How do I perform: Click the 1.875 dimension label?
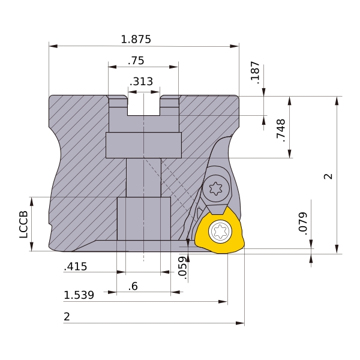click(x=136, y=39)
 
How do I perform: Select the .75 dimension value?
click(x=136, y=61)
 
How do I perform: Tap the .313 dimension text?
click(x=141, y=82)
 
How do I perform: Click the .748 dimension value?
click(x=281, y=130)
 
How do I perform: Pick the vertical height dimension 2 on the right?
click(x=328, y=176)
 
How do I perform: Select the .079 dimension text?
click(x=303, y=224)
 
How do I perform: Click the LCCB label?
click(x=23, y=224)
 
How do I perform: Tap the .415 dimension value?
click(x=76, y=266)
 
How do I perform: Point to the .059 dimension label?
click(x=182, y=268)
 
